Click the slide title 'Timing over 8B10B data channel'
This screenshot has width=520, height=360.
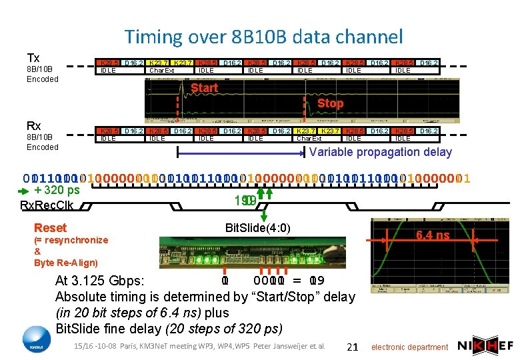click(263, 37)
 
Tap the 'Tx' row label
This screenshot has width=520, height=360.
click(33, 57)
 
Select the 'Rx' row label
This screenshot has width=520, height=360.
click(33, 126)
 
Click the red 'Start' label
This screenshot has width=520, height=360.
click(204, 87)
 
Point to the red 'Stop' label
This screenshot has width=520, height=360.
click(330, 103)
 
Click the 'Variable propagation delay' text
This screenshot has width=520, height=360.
click(381, 152)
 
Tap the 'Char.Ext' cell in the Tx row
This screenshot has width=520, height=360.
click(161, 70)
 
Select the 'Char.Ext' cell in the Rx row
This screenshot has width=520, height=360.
click(309, 139)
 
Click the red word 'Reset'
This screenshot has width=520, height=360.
click(50, 228)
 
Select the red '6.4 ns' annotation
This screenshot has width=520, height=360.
click(433, 235)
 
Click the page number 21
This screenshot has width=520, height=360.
click(353, 346)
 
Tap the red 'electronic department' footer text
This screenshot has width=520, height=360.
click(409, 347)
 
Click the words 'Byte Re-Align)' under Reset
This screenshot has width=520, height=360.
click(66, 263)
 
